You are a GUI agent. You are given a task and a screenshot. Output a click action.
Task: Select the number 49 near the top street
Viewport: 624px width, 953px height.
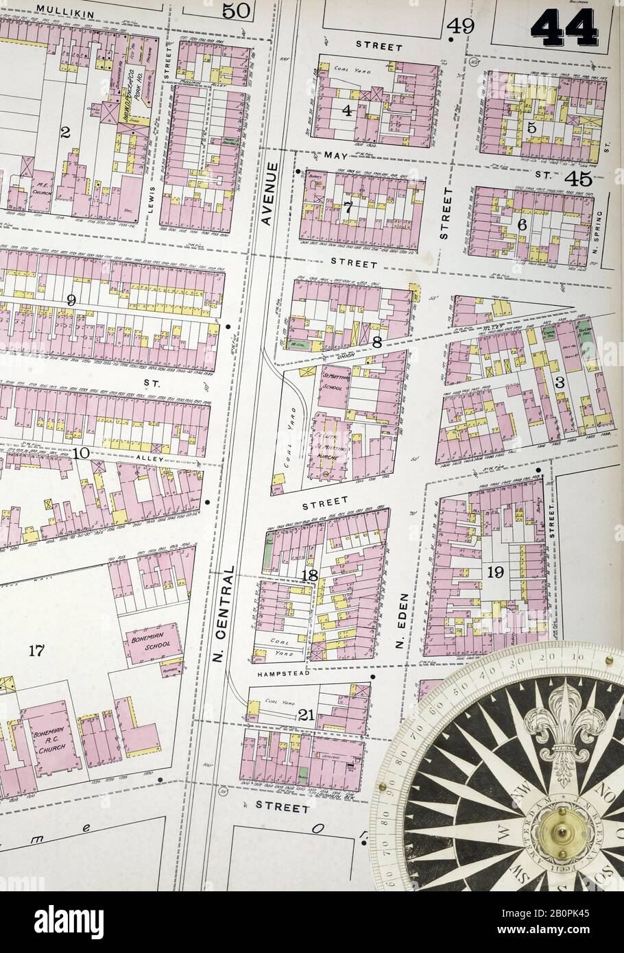[x=461, y=26]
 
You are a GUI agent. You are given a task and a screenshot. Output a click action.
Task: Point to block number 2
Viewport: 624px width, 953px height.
[x=65, y=132]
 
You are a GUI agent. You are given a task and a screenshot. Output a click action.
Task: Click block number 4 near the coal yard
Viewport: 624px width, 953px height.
[x=347, y=110]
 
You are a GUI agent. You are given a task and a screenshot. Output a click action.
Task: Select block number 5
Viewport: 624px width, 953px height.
[x=531, y=127]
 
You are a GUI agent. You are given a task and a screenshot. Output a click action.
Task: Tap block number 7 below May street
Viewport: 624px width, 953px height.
[x=348, y=208]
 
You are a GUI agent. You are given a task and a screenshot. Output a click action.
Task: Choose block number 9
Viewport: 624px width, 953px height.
[x=71, y=300]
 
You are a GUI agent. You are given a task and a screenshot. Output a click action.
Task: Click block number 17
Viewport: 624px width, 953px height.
[x=36, y=650]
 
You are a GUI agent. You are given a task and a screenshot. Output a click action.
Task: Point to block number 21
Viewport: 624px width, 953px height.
[x=306, y=715]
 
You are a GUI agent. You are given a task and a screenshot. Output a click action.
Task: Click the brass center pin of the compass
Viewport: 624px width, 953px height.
[x=556, y=832]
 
